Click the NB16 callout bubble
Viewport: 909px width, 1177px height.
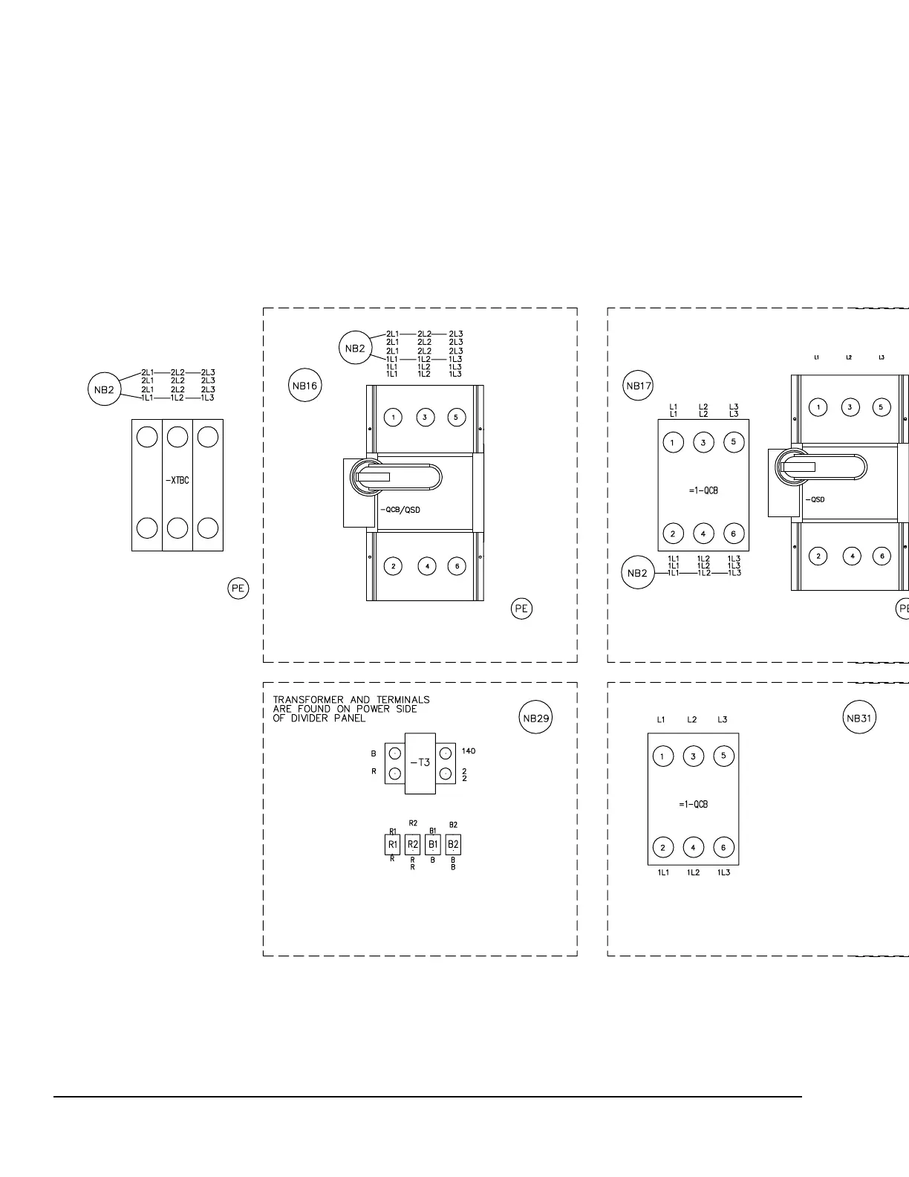304,386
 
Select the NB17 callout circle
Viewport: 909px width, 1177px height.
638,385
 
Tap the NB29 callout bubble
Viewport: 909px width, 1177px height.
535,718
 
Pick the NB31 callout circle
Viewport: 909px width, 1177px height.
859,718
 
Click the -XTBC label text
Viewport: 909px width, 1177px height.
177,480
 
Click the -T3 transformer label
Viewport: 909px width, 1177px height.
420,762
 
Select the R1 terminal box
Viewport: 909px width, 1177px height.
392,845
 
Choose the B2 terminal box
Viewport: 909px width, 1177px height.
453,845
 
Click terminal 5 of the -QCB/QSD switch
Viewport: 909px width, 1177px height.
456,417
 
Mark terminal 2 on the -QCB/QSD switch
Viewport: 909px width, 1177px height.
394,566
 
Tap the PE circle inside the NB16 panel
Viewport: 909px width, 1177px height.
522,609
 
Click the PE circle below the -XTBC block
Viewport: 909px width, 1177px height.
238,588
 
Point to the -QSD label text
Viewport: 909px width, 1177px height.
815,499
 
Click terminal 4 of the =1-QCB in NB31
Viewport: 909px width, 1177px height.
693,847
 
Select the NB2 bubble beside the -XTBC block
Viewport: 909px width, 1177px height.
105,389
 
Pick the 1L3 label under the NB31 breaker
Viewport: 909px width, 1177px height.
723,872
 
